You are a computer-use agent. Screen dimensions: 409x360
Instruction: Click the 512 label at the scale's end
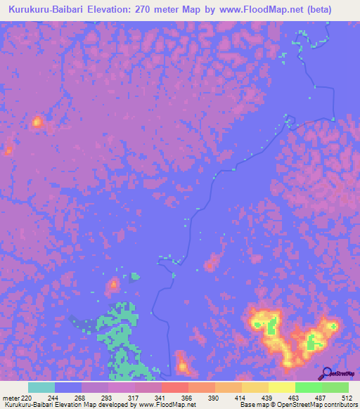347,398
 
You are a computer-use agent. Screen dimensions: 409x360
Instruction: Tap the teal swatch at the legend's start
41,387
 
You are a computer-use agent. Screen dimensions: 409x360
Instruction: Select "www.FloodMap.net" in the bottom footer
166,405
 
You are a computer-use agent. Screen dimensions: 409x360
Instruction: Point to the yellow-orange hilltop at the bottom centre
182,365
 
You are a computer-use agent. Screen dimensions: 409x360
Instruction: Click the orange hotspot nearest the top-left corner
37,123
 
